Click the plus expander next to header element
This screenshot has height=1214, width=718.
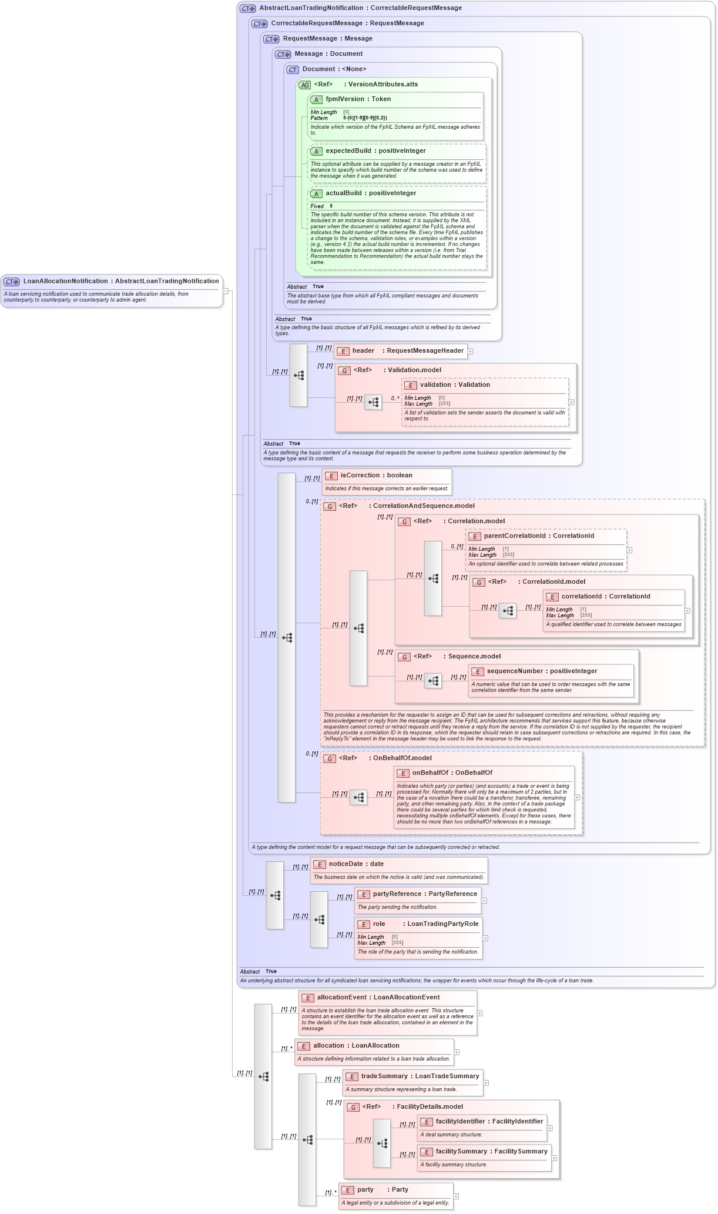[x=471, y=352]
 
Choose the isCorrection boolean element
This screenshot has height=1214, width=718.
[x=376, y=476]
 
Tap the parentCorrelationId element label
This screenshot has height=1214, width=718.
[x=539, y=536]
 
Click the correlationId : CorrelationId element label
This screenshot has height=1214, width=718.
[x=605, y=597]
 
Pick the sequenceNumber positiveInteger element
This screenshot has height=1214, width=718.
[x=542, y=671]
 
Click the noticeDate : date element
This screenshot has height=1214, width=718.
[x=356, y=864]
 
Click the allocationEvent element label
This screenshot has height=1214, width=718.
[x=378, y=998]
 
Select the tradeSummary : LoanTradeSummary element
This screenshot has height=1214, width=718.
[x=420, y=1076]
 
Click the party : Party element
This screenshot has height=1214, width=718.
[x=383, y=1190]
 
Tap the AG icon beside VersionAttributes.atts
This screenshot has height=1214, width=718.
[x=304, y=85]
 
